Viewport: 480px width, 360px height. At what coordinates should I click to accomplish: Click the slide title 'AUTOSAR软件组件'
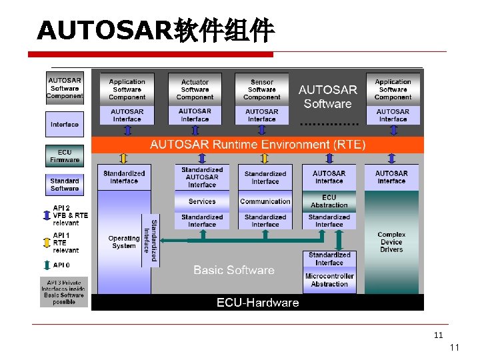coord(155,30)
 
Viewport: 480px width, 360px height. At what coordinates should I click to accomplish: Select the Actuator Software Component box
coord(195,89)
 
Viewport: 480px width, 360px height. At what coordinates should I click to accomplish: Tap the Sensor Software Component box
coord(262,89)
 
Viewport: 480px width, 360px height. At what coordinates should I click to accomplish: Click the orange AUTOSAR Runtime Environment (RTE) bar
coord(257,144)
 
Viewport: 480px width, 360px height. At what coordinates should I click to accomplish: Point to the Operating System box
coord(124,241)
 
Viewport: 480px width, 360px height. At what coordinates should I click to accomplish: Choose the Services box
coord(202,201)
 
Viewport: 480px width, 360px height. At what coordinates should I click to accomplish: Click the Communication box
coord(265,201)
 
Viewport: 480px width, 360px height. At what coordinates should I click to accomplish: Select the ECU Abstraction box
coord(329,201)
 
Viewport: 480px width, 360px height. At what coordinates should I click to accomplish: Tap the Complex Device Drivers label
coord(391,241)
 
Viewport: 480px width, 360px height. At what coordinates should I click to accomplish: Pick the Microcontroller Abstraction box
coord(329,280)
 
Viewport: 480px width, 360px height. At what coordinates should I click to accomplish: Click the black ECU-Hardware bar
coord(257,303)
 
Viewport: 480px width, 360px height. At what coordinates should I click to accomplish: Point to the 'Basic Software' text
coord(234,270)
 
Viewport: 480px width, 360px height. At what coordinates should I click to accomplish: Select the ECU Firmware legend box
coord(65,156)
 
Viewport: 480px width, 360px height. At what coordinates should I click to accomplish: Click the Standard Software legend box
coord(65,184)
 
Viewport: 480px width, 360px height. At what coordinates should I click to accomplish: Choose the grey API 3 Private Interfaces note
coord(64,292)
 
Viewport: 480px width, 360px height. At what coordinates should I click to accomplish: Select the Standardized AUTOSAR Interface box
coord(202,177)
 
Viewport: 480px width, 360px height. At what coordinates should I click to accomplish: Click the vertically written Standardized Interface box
coord(151,239)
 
